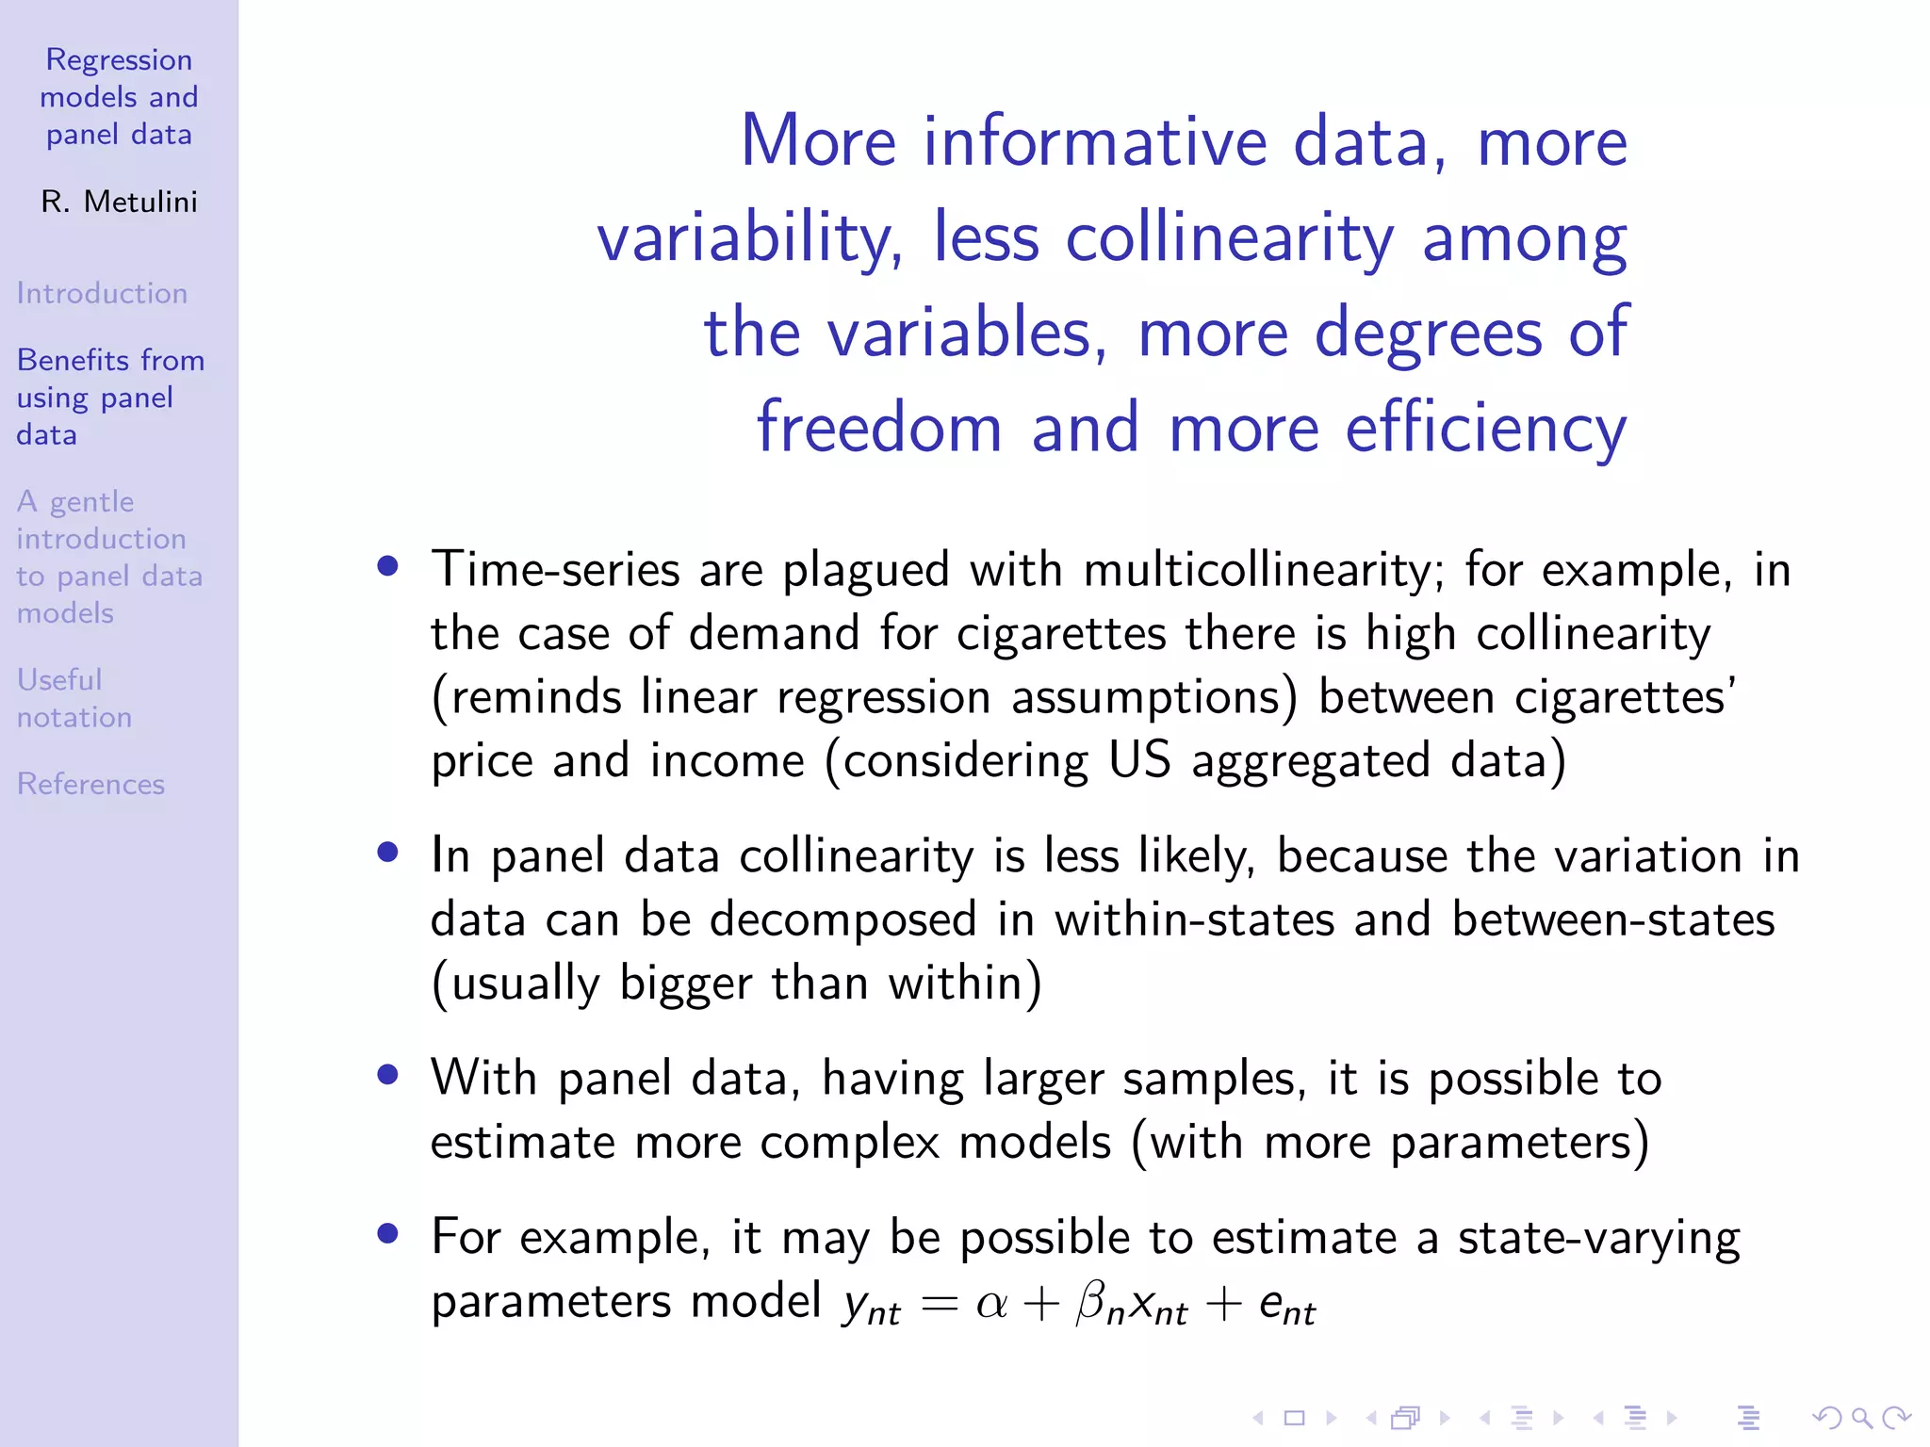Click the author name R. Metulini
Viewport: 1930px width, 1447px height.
point(119,202)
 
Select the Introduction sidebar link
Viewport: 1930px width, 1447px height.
point(102,293)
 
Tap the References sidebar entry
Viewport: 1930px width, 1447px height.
point(90,784)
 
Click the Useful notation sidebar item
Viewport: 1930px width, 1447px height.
point(74,698)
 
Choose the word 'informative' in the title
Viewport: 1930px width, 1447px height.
point(1093,141)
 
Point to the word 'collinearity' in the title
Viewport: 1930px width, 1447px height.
point(1229,237)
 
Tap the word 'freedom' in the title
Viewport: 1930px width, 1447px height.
point(878,429)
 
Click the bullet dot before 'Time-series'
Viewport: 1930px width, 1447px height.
point(387,566)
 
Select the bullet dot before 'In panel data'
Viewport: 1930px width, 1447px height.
point(387,853)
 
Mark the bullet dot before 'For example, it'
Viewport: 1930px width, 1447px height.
point(387,1233)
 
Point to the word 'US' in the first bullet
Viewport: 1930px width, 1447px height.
point(1139,760)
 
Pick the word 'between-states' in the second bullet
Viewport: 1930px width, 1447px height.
point(1612,919)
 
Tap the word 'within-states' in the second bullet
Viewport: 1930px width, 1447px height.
point(1194,919)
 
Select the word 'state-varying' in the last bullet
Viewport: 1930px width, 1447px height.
point(1598,1238)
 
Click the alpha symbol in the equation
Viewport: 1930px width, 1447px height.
point(991,1304)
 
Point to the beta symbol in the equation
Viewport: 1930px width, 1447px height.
point(1090,1304)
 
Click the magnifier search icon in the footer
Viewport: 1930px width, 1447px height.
point(1861,1417)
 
